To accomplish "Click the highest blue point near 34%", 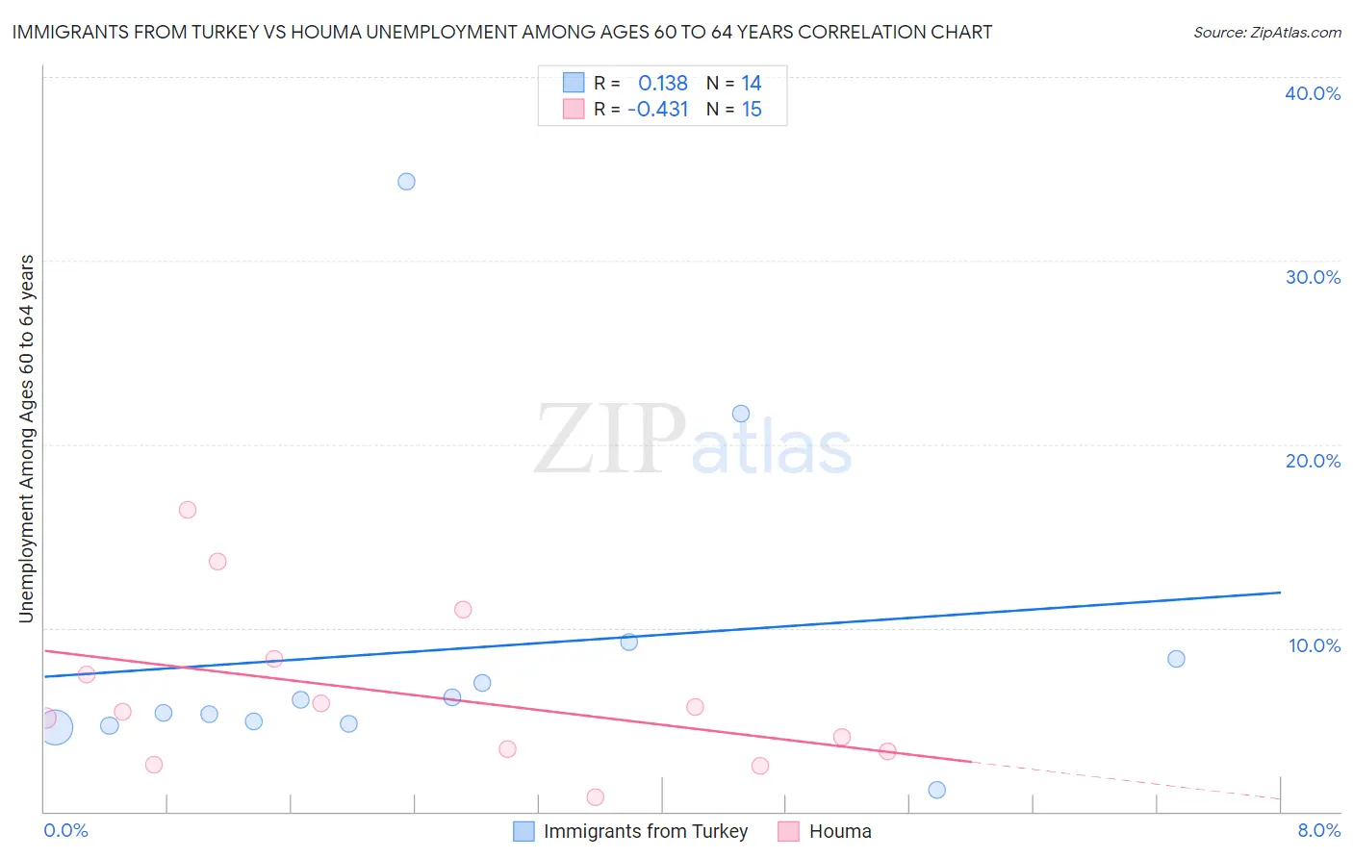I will click(406, 182).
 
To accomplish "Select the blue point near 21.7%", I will click(741, 414).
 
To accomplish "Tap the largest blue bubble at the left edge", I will click(56, 727).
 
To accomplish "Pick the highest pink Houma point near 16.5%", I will click(188, 510).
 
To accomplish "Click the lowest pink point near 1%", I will click(595, 797).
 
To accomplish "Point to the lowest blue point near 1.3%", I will click(937, 790).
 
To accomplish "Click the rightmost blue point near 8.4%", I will click(1176, 659).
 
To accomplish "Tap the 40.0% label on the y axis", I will click(1312, 93).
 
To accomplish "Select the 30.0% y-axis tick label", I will click(1312, 277).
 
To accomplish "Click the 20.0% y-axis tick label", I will click(1312, 461).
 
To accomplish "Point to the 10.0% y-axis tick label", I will click(1314, 645).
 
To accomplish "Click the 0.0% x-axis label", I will click(65, 830).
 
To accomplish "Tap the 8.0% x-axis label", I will click(1318, 830).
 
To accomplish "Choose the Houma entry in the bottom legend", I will click(839, 831).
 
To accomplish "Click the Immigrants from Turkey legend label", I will click(645, 831).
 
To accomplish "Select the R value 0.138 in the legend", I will click(662, 84).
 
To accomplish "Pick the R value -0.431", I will click(658, 110).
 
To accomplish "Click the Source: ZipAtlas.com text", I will click(1266, 33).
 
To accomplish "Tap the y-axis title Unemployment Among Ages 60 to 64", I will click(27, 439).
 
